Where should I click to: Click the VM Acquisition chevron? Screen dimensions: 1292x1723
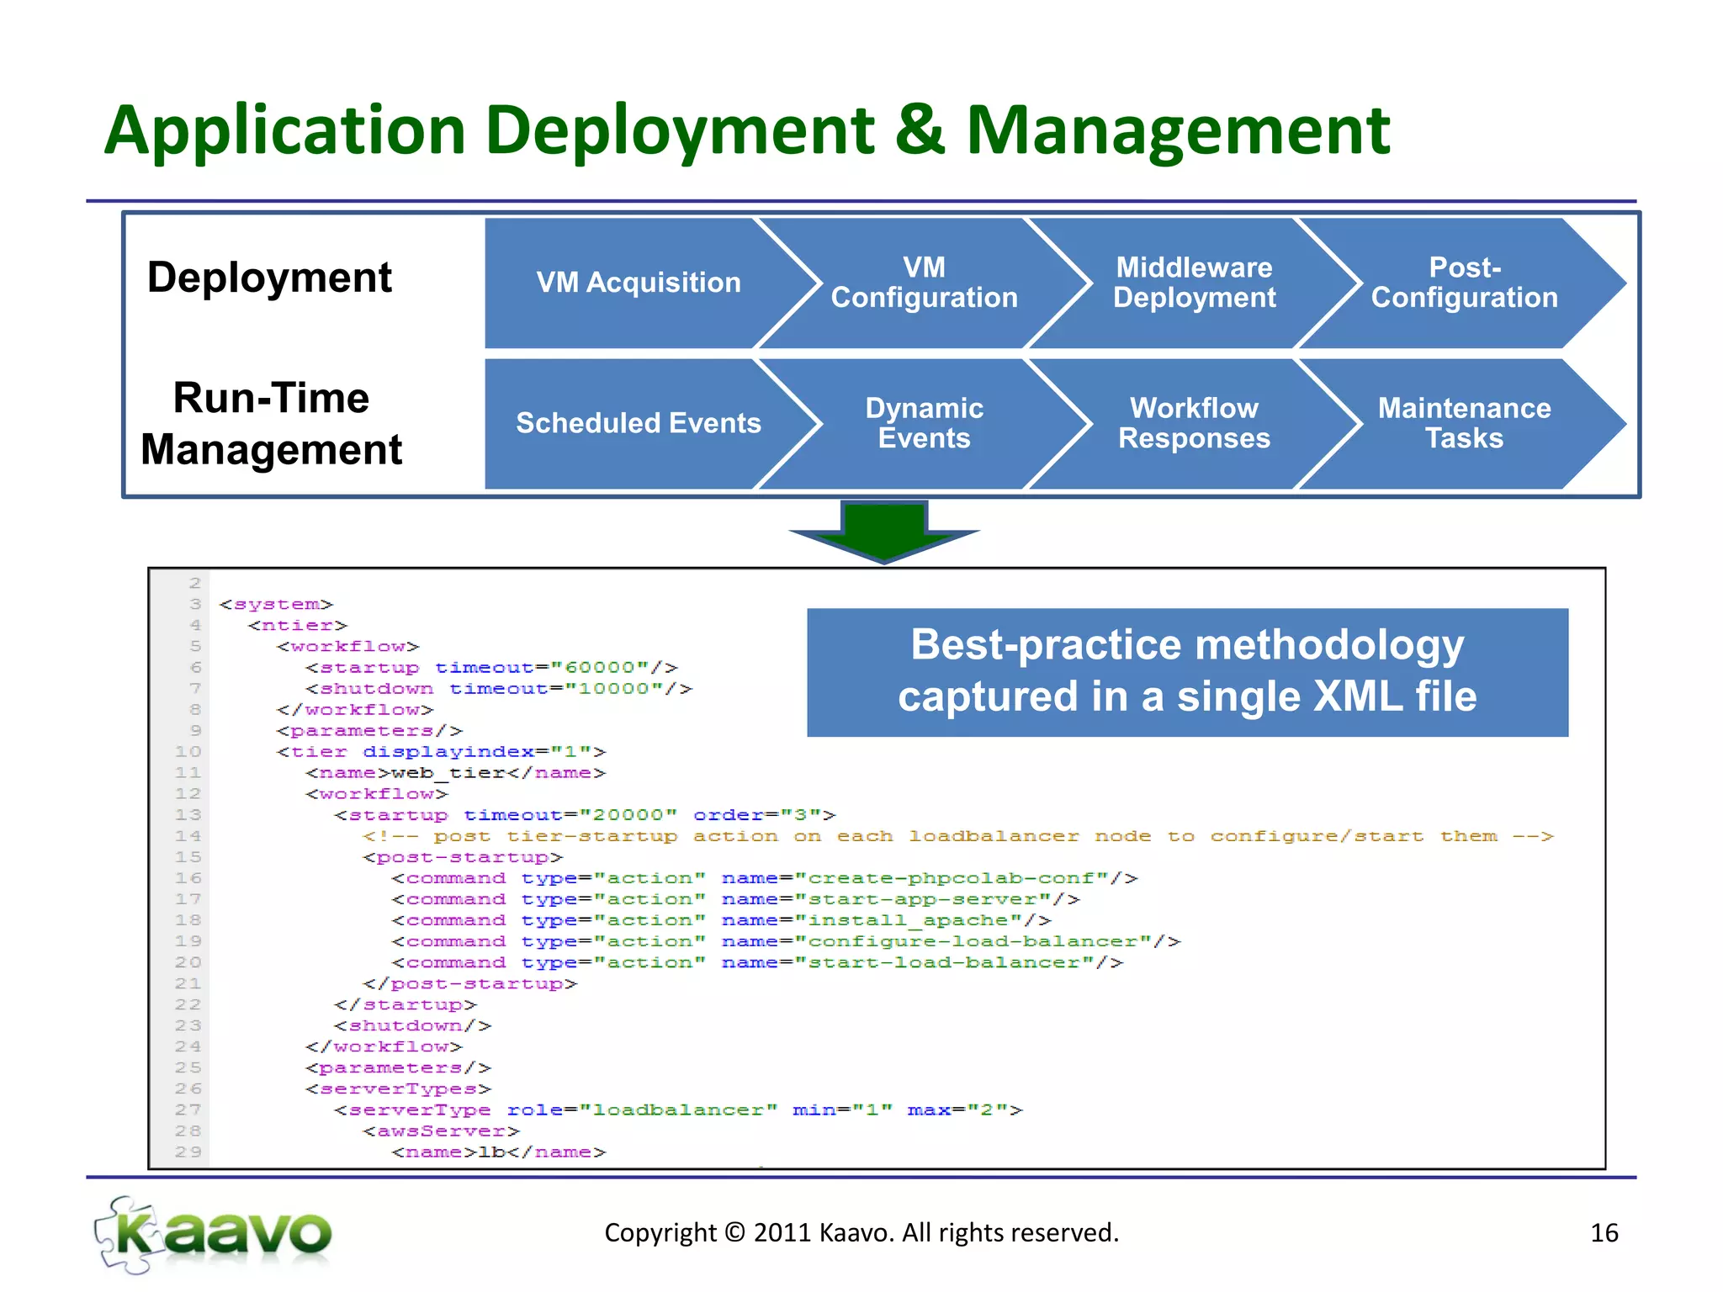638,283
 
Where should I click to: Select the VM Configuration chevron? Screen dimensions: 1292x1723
924,283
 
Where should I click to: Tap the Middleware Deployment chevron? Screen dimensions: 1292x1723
1194,283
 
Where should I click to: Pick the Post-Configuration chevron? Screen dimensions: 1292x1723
1464,283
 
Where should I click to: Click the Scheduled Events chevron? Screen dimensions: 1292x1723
638,423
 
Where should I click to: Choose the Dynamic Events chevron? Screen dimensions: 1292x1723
924,423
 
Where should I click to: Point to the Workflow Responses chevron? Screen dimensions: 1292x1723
1194,423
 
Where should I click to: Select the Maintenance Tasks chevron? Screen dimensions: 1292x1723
1464,423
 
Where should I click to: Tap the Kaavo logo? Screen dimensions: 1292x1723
214,1234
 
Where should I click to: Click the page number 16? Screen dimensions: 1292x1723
1604,1233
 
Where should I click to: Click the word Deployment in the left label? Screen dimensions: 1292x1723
269,278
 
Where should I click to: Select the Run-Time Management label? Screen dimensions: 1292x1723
271,423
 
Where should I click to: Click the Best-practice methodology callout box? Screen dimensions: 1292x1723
1187,671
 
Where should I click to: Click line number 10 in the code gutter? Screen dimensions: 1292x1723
188,752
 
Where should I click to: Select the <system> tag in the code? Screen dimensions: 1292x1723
276,605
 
